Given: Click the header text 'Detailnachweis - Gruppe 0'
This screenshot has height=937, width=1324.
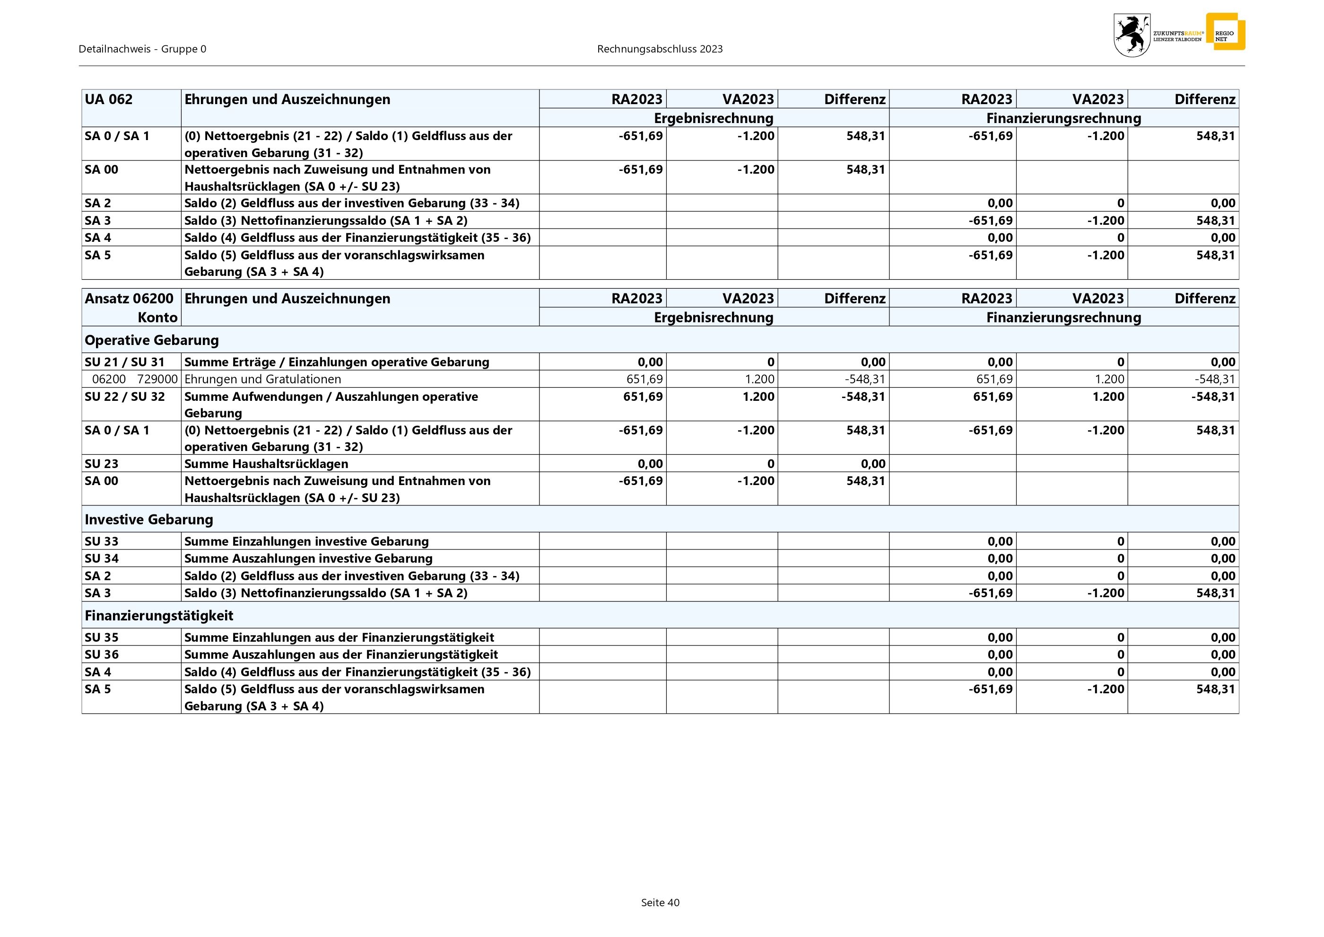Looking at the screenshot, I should click(142, 49).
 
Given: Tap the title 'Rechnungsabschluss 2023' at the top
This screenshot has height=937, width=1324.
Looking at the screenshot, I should click(660, 49).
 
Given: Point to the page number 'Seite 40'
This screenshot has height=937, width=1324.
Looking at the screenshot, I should click(660, 902).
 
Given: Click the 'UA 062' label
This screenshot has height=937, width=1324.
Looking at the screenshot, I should click(108, 99).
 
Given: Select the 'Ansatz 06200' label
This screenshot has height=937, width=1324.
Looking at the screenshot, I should click(129, 298).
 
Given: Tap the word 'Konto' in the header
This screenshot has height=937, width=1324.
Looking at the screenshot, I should click(157, 318).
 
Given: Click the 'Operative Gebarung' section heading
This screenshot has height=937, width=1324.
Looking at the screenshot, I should click(152, 340).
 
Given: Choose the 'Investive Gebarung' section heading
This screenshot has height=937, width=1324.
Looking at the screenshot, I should click(149, 519).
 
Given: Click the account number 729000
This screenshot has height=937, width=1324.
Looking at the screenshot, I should click(157, 379).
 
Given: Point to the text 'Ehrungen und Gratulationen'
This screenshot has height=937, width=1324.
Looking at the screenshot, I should click(262, 379).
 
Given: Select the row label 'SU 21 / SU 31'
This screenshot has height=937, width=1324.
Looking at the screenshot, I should click(124, 362).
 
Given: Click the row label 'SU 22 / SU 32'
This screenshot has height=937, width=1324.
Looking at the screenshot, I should click(124, 397).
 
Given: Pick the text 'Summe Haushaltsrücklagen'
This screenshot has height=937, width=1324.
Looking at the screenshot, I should click(266, 463).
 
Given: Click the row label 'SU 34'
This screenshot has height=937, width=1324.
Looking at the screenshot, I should click(102, 558).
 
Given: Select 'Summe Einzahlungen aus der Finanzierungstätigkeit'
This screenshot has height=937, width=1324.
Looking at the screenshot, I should click(339, 637).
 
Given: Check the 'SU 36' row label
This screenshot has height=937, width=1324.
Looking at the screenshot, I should click(102, 654).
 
